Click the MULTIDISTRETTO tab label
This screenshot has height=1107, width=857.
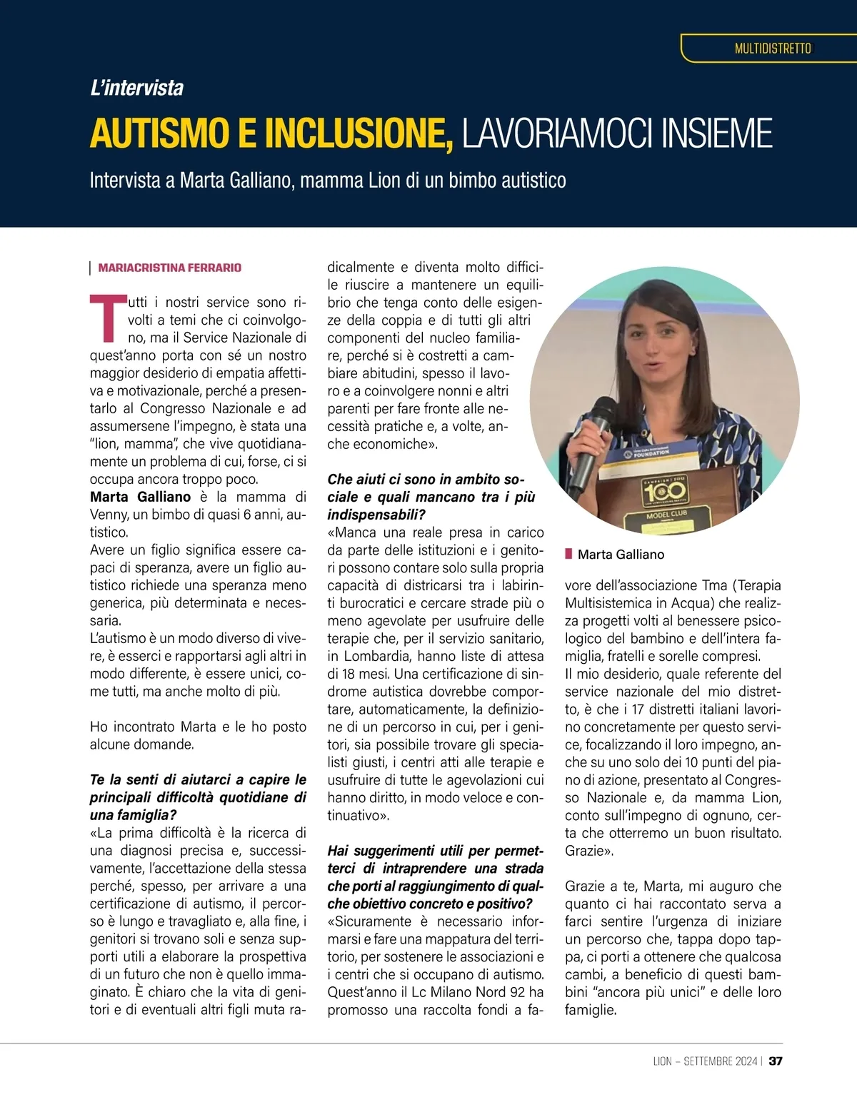coord(773,49)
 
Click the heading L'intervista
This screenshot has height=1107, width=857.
coord(136,88)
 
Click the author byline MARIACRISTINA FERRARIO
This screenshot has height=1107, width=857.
coord(169,268)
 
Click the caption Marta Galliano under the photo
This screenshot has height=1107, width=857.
coord(621,555)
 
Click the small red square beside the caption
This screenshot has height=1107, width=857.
coord(568,554)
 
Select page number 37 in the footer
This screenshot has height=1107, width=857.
coord(776,1061)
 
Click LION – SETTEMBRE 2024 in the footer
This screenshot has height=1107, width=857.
coord(705,1061)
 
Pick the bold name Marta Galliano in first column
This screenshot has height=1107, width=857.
coord(141,497)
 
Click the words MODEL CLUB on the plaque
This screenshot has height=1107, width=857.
coord(666,514)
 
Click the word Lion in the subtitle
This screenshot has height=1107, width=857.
coord(384,180)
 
